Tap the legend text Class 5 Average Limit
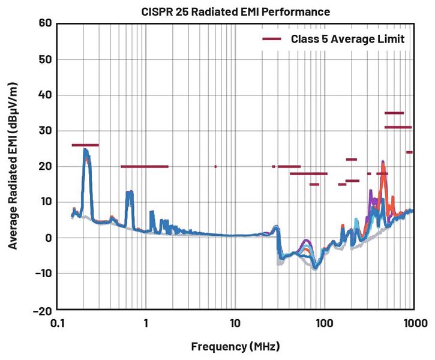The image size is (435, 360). [x=347, y=39]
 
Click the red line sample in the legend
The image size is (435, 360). [x=272, y=39]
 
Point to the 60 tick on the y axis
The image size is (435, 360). [x=46, y=23]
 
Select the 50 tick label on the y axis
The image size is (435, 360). [x=46, y=59]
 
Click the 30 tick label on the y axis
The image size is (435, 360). [x=46, y=131]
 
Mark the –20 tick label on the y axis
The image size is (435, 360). [x=42, y=310]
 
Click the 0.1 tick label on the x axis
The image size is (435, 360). [x=58, y=323]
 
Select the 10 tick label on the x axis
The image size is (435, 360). [x=235, y=323]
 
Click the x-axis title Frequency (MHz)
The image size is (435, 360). [x=235, y=347]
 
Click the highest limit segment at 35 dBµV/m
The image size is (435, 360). [x=394, y=113]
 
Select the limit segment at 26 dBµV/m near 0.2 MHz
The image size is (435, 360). [x=85, y=145]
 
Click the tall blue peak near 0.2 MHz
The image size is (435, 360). [x=86, y=151]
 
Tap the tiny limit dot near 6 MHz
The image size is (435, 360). [x=215, y=167]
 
